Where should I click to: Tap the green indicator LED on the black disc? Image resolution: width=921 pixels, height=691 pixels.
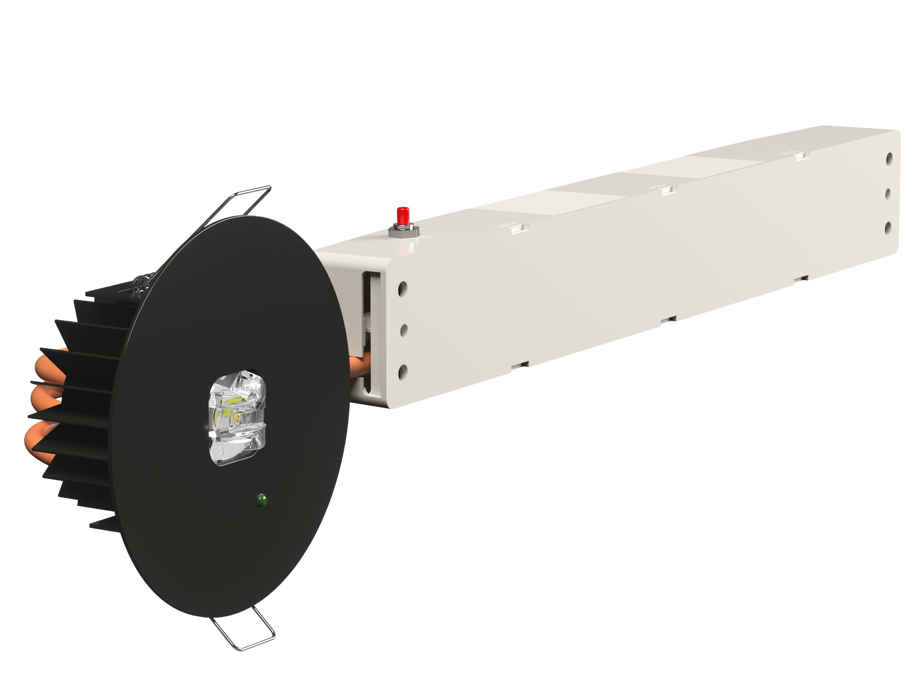coord(262,500)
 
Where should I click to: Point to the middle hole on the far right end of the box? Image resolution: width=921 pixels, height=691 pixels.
coord(888,193)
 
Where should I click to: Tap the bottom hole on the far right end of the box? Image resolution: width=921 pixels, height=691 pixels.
coord(888,228)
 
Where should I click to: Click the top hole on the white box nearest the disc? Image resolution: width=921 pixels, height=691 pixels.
coord(402,289)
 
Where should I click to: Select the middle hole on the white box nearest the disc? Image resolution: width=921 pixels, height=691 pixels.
coord(403,330)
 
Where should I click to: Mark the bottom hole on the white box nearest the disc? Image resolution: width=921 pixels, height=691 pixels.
coord(402,371)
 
